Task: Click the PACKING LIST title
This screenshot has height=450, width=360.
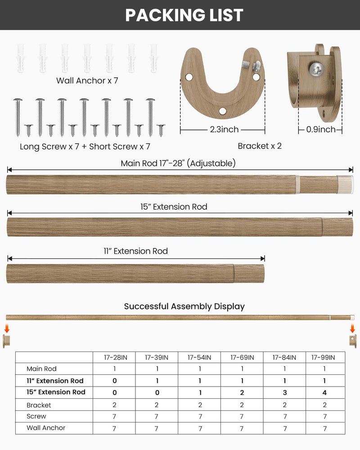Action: click(x=184, y=15)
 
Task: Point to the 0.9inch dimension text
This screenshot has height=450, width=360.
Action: click(x=321, y=130)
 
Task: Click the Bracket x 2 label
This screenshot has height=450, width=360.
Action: click(x=260, y=146)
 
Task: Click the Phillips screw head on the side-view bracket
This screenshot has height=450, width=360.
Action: click(x=315, y=68)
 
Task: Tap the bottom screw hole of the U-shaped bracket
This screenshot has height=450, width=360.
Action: click(x=223, y=110)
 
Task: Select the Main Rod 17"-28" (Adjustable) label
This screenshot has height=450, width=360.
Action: click(x=178, y=163)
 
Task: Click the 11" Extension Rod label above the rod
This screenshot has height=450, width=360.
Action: click(x=135, y=251)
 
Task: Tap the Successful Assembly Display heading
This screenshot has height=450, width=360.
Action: click(x=184, y=306)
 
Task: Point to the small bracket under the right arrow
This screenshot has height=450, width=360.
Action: click(x=353, y=341)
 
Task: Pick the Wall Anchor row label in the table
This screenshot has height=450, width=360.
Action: click(x=46, y=428)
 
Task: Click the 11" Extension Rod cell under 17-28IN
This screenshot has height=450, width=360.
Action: click(x=114, y=381)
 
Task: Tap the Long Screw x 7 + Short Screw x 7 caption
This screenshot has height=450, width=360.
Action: click(x=85, y=147)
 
